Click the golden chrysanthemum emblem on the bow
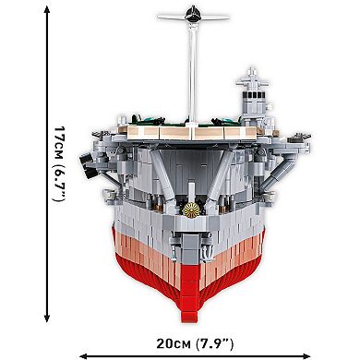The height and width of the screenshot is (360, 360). point(191,210)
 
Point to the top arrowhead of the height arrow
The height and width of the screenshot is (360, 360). point(47,10)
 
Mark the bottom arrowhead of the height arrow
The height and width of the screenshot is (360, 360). point(47,318)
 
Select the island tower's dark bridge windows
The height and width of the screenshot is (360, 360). point(254,94)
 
